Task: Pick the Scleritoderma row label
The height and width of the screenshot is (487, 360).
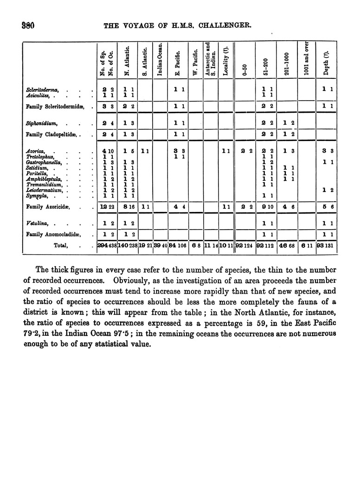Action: tap(39, 89)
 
